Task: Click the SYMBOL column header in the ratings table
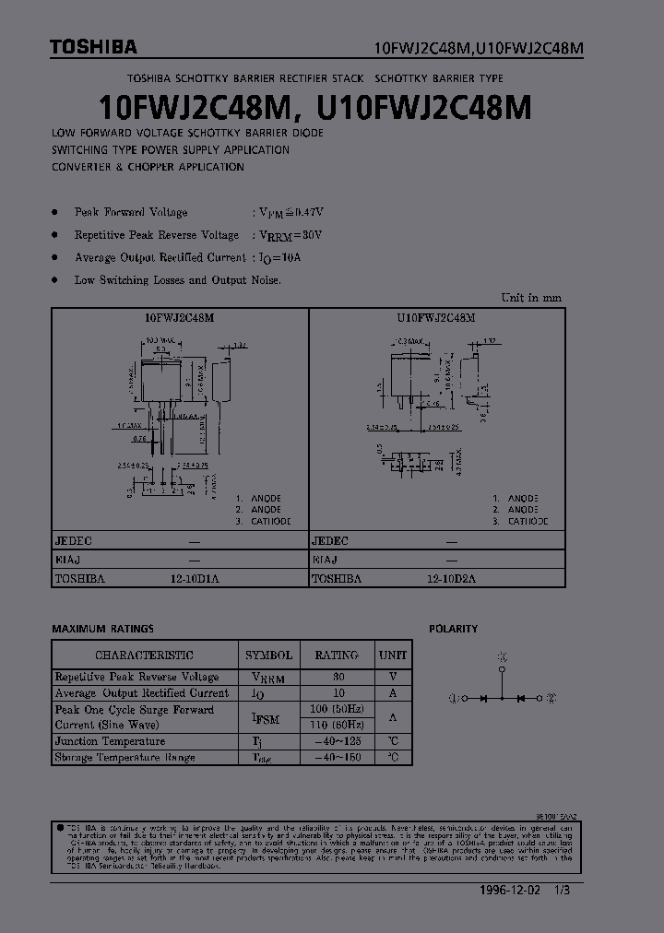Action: click(268, 655)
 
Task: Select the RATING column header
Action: click(337, 655)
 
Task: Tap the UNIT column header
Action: click(392, 655)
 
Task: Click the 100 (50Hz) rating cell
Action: click(337, 709)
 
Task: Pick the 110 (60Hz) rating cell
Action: click(337, 725)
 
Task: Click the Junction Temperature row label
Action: click(110, 741)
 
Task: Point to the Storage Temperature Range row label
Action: click(125, 758)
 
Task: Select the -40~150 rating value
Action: click(337, 758)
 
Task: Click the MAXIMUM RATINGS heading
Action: click(102, 629)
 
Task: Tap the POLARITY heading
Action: click(453, 629)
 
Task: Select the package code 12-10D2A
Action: click(451, 579)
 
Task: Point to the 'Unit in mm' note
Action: click(530, 298)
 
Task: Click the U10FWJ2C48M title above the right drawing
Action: click(436, 317)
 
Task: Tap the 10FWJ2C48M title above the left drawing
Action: click(180, 317)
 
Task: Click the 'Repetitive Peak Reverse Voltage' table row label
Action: click(136, 677)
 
